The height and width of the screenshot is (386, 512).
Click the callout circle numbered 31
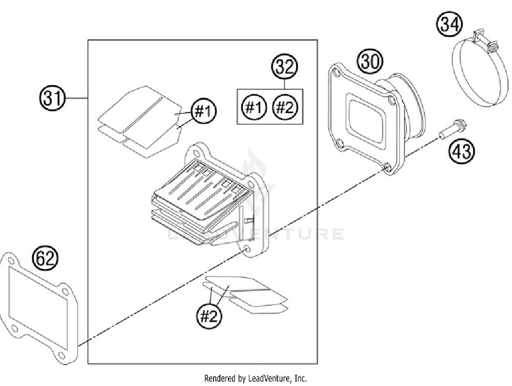point(52,98)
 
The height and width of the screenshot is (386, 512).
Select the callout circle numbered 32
point(284,66)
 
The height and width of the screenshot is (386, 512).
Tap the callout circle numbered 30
point(370,62)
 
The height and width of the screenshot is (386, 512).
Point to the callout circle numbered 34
point(450,25)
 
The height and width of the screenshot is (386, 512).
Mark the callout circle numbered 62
point(45,258)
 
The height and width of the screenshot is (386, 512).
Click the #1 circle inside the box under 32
point(254,108)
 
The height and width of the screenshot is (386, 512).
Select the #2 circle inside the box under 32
point(285,108)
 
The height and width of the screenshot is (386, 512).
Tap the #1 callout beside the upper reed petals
point(204,111)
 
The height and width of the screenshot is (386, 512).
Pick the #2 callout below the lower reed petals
point(209,316)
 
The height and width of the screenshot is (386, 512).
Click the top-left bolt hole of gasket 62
point(11,261)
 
